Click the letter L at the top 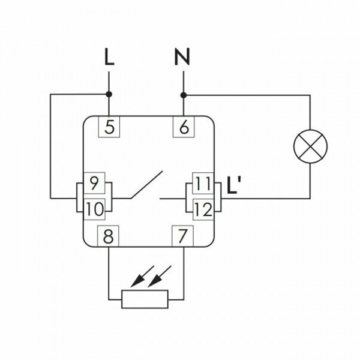click(109, 58)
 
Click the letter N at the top click(183, 58)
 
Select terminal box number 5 click(109, 127)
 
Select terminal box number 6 click(183, 127)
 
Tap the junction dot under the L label click(109, 94)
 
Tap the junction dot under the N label click(183, 94)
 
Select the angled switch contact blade click(147, 185)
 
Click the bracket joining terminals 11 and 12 click(218, 196)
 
